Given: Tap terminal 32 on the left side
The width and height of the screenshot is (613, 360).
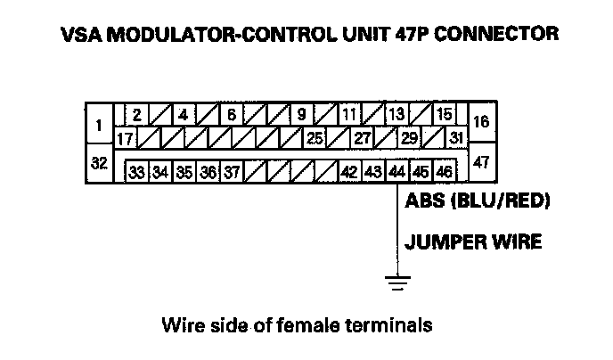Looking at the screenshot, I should [99, 164].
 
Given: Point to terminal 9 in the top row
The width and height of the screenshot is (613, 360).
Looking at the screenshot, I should [301, 116].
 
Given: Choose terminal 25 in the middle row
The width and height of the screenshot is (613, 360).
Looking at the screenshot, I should [314, 139].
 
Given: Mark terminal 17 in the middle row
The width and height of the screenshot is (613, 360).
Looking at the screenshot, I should [125, 139].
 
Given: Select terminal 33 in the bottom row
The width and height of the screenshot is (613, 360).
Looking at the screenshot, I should [137, 171].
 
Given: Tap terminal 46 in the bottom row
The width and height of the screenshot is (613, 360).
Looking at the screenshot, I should [444, 171].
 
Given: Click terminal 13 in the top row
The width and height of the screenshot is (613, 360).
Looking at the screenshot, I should [396, 116].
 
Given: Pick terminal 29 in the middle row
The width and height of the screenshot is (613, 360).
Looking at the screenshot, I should [410, 139].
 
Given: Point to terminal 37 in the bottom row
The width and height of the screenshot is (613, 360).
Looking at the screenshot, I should [230, 171].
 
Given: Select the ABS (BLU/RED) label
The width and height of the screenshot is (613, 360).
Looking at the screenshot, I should [476, 200].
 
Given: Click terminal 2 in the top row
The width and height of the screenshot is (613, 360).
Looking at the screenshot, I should [137, 116].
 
